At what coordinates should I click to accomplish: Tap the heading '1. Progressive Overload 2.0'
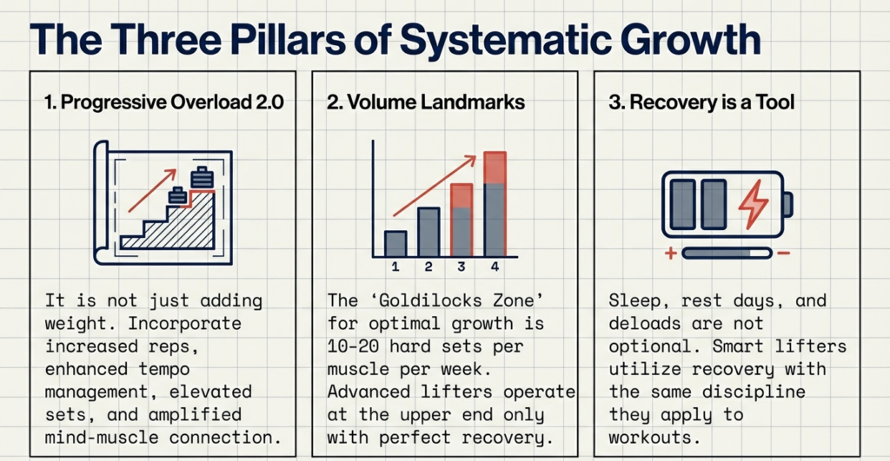click(163, 102)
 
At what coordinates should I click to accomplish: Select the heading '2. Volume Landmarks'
click(425, 102)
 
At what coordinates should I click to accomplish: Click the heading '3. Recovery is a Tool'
click(701, 102)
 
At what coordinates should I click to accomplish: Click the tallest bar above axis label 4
click(495, 205)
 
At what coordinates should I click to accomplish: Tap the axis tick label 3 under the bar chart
click(462, 267)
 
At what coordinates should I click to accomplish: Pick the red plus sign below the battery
click(670, 254)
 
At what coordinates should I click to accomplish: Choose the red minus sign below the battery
click(783, 254)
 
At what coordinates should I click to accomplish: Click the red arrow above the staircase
click(153, 191)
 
